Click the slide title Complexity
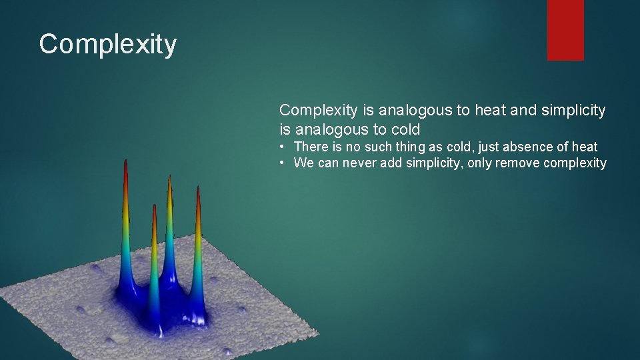[x=108, y=45]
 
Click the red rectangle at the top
[x=565, y=30]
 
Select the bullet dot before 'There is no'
[x=283, y=147]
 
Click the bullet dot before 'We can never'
[x=283, y=163]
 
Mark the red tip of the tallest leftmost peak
[x=125, y=163]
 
